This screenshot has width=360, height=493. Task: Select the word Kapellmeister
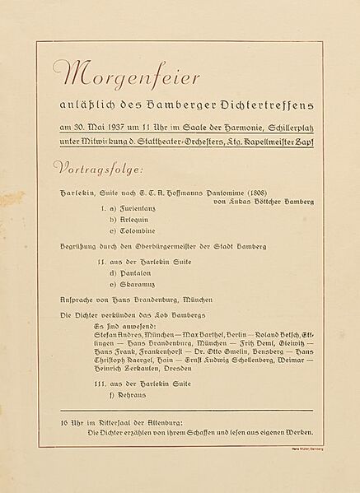(278, 142)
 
